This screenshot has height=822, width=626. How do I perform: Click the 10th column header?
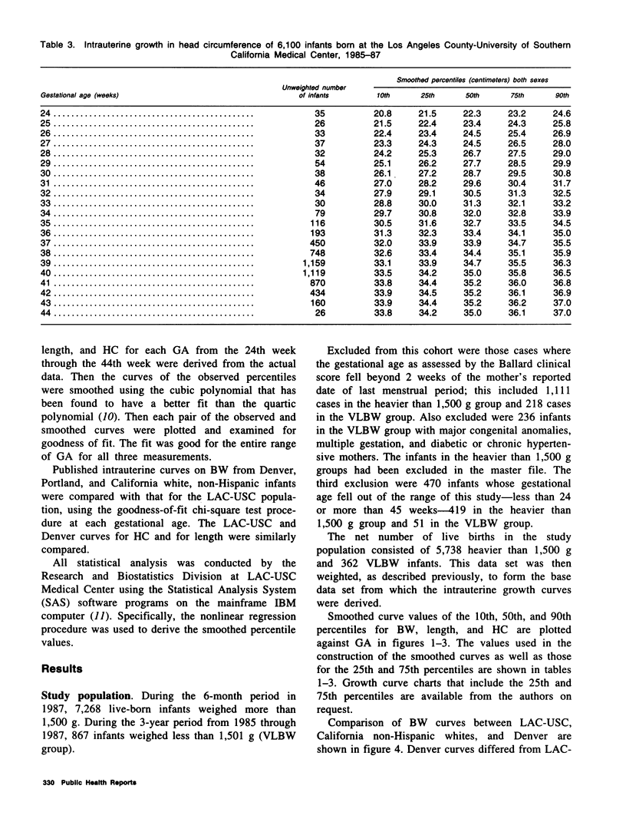tap(385, 95)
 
